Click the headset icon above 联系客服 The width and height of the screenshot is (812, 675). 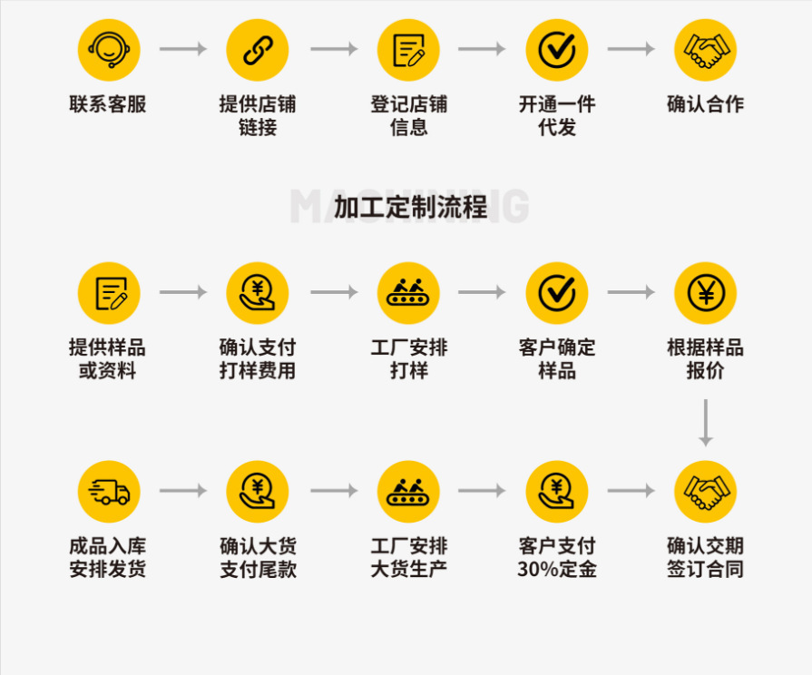tap(109, 50)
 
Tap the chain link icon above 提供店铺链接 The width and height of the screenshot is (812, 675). tap(258, 50)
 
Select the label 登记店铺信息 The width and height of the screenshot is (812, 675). tap(408, 116)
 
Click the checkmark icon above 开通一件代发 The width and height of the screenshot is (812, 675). tap(557, 50)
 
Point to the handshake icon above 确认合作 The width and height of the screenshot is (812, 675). tap(706, 50)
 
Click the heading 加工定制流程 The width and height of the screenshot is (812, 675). tap(410, 207)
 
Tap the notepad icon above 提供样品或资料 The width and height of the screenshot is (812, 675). tap(109, 293)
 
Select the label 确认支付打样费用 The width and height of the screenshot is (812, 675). tap(258, 359)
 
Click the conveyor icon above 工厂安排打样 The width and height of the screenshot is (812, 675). tap(408, 293)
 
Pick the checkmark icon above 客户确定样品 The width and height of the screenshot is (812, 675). tap(557, 293)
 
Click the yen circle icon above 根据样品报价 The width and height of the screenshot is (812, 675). tap(706, 293)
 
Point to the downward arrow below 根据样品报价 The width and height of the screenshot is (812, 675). tap(706, 423)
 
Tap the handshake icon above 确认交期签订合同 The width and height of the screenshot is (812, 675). tap(706, 491)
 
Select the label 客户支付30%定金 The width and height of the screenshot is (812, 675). tap(557, 558)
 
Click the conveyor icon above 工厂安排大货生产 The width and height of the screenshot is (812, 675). tap(408, 491)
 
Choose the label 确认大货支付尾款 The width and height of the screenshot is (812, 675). tap(258, 558)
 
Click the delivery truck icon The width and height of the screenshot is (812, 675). tap(109, 491)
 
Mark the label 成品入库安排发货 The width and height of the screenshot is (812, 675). tap(108, 558)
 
